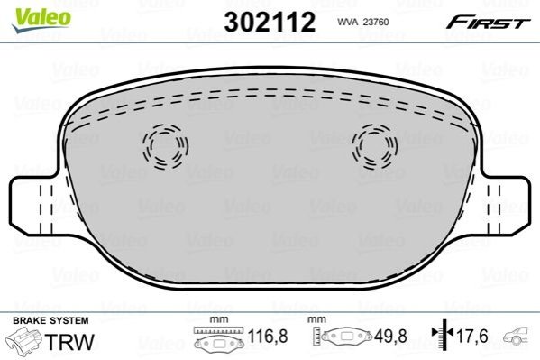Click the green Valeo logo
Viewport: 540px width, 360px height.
point(41,20)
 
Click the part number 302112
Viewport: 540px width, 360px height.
point(270,22)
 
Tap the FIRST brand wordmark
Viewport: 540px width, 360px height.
point(488,22)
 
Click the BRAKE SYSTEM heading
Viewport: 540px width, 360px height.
point(50,320)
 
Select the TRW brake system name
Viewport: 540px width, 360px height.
point(69,341)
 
